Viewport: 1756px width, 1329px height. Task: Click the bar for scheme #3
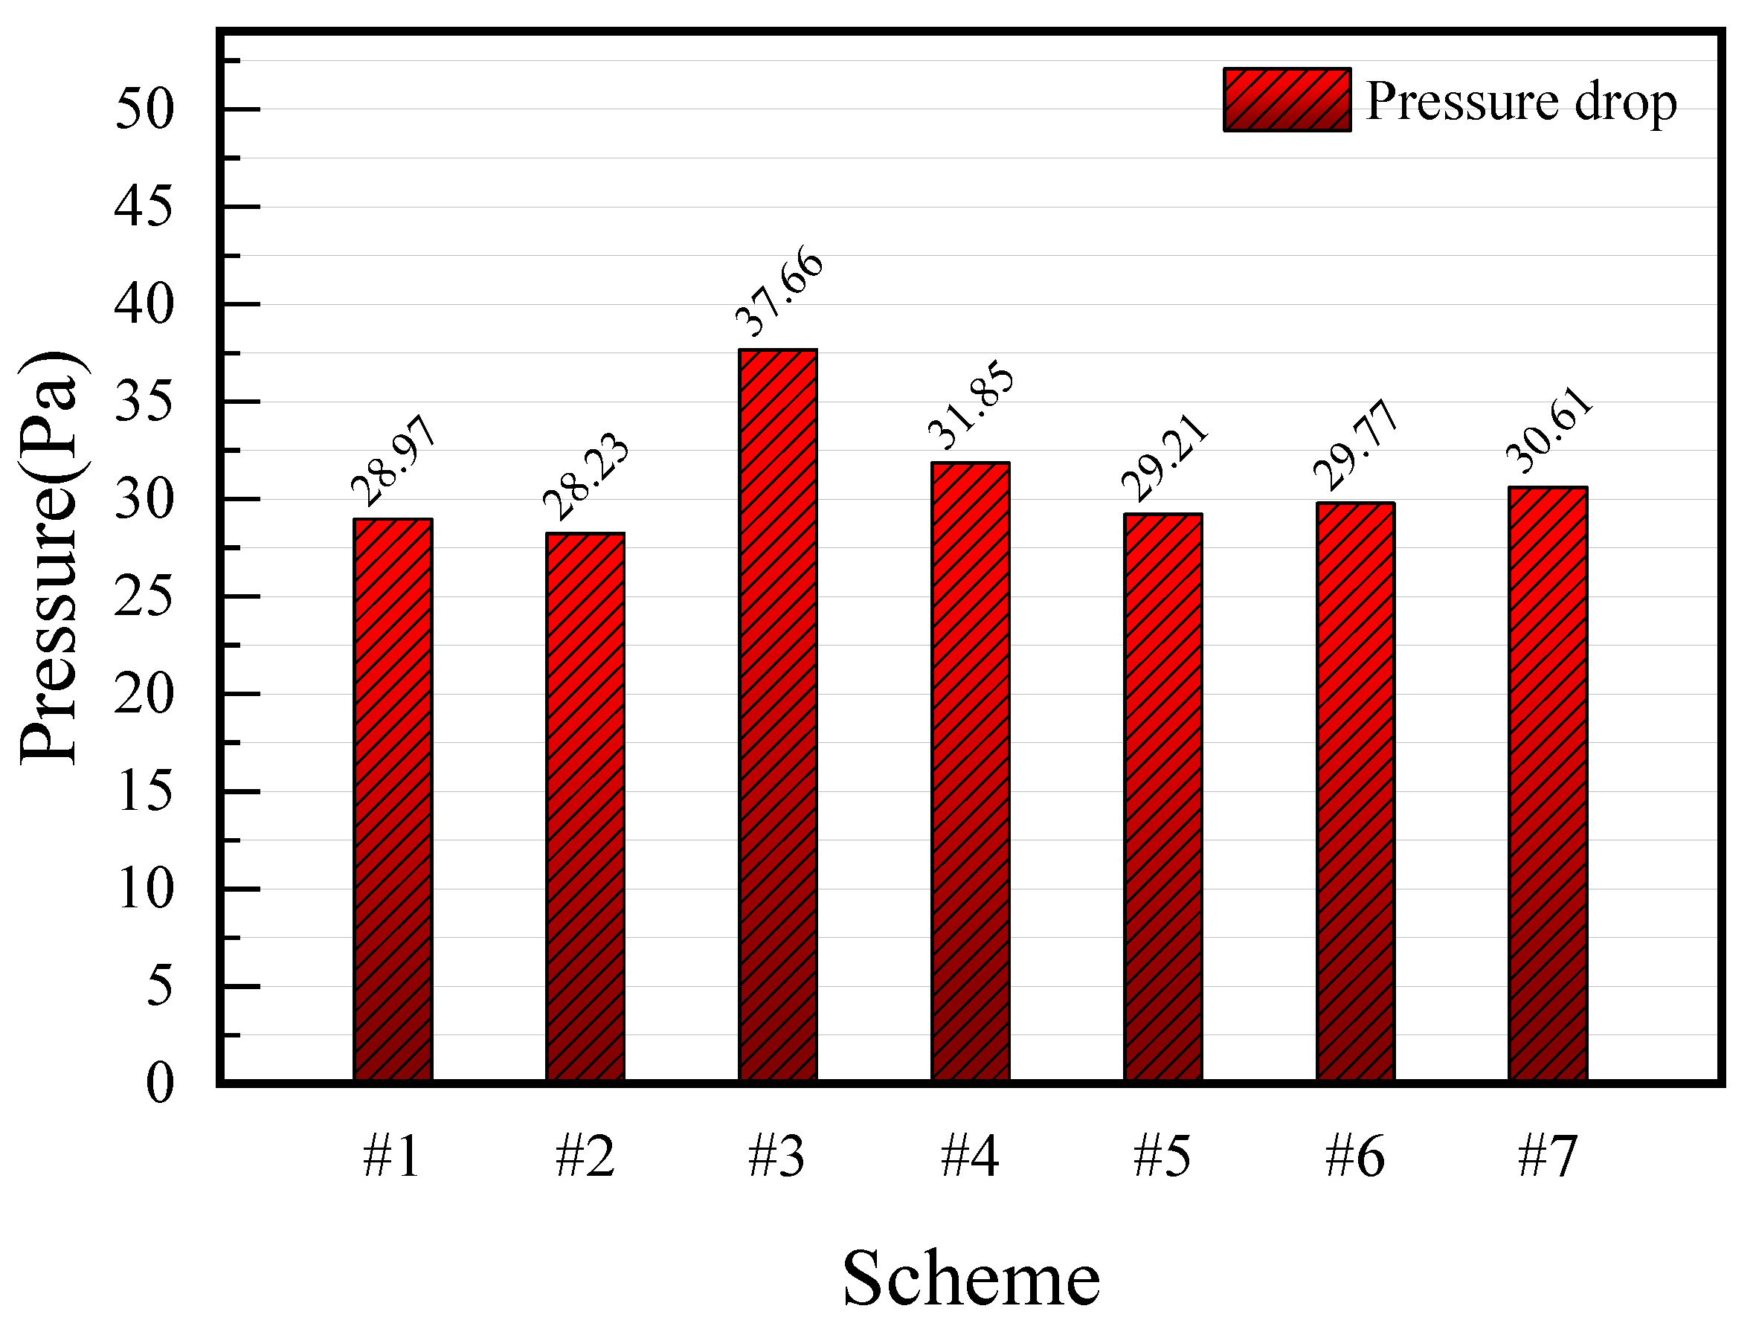[777, 715]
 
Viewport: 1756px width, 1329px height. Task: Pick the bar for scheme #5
[1162, 797]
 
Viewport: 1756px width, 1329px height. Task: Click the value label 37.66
[779, 292]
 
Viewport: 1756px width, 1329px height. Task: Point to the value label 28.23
[586, 477]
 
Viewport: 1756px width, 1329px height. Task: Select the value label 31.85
[971, 405]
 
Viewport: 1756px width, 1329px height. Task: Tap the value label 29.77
[1355, 445]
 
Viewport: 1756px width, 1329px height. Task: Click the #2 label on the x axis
[585, 1157]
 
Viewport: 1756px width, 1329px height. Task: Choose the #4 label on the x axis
[970, 1157]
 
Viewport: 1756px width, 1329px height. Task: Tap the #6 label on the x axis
[1355, 1157]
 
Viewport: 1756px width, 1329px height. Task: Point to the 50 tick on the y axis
[144, 109]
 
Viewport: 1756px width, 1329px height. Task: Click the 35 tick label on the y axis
[144, 402]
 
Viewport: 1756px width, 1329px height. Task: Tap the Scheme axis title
[970, 1278]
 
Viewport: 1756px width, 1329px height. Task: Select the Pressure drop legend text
[1521, 102]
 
